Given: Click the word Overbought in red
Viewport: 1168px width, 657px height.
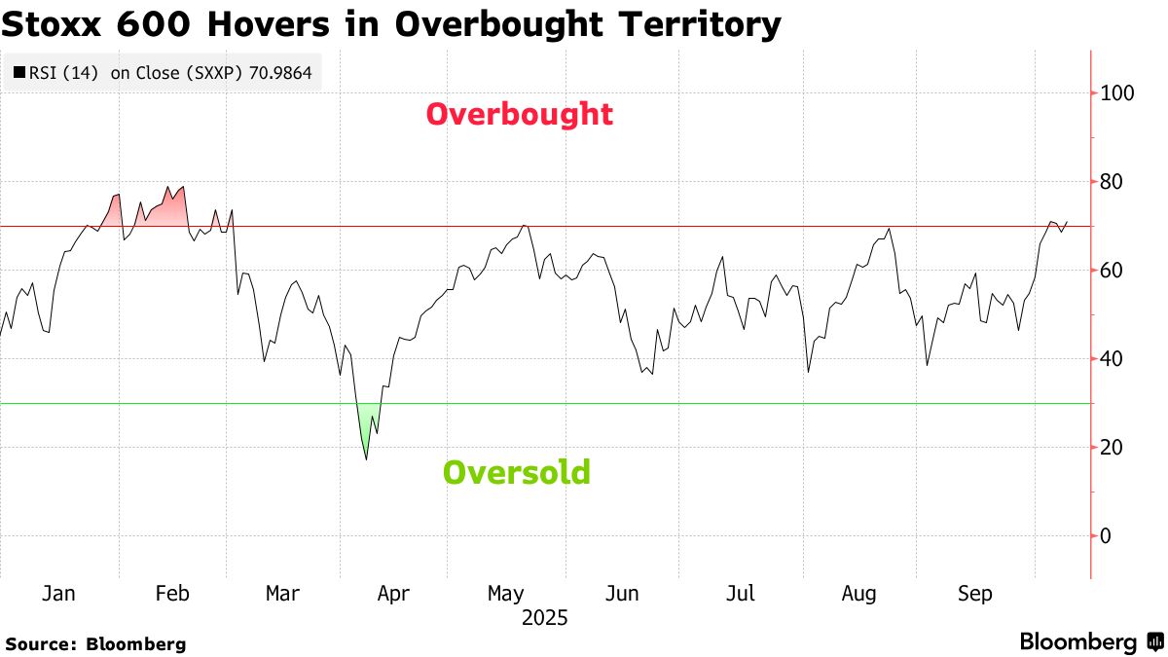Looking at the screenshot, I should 519,115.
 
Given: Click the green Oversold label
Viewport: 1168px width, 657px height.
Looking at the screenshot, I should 516,473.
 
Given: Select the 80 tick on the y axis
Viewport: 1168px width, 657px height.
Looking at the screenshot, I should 1111,182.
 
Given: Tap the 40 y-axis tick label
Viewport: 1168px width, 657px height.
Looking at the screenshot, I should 1111,359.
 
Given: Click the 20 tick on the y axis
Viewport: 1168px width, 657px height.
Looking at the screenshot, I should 1111,448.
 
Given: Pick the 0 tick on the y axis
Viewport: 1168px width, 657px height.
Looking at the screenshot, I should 1106,536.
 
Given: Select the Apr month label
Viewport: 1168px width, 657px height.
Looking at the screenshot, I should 392,593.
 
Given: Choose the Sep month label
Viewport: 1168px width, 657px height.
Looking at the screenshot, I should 974,593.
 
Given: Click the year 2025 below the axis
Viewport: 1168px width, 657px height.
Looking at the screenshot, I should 544,618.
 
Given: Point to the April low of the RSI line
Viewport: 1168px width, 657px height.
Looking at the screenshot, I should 366,458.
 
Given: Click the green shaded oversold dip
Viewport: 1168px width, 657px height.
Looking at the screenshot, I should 365,428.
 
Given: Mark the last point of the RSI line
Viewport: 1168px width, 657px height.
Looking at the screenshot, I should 1068,222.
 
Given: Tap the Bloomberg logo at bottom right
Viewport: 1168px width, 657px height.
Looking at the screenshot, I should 1090,641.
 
